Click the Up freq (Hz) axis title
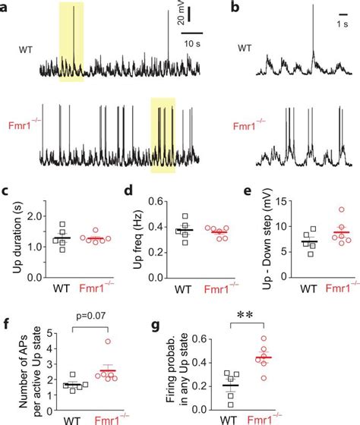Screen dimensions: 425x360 134,232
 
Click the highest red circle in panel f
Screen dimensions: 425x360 108,340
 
